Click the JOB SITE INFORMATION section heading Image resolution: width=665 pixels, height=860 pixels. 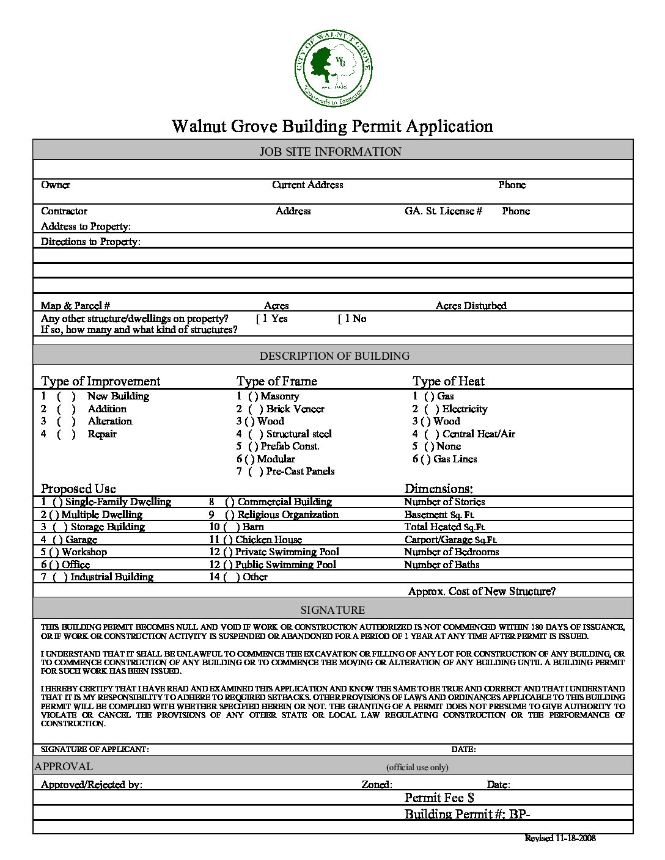(331, 151)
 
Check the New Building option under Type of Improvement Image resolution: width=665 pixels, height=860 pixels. (66, 396)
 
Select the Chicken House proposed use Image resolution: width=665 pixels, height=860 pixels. (227, 540)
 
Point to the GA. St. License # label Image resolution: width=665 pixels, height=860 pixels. (443, 211)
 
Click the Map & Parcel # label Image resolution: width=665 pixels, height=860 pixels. (75, 305)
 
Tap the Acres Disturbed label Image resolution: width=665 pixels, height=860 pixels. (471, 305)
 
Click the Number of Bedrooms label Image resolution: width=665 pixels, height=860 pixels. (451, 552)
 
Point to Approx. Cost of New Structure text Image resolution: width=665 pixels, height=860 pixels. (482, 591)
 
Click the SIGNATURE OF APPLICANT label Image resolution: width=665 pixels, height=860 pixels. (95, 749)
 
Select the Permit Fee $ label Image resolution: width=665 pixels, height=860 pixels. (439, 798)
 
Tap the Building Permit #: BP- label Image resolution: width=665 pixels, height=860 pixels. (471, 814)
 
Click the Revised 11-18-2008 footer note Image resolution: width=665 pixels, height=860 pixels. (560, 838)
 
